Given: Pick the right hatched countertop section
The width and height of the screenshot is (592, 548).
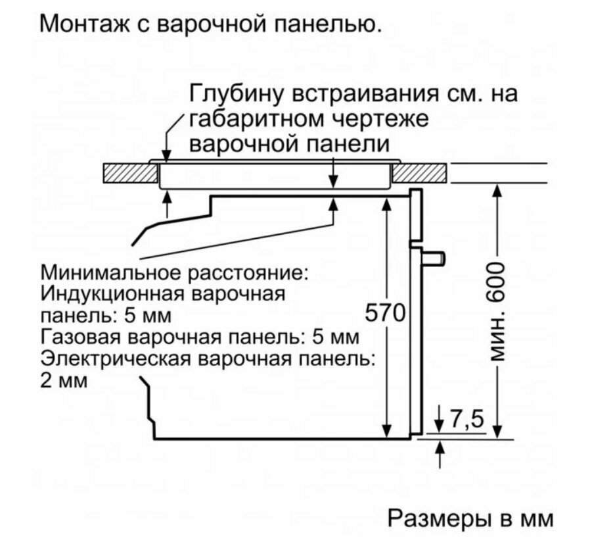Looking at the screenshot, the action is (x=421, y=173).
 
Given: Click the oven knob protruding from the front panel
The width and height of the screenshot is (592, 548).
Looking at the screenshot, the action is (x=434, y=258).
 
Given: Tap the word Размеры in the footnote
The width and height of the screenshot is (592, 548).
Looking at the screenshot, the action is (x=434, y=518).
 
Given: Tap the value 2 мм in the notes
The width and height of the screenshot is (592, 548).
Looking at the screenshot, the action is (x=64, y=382).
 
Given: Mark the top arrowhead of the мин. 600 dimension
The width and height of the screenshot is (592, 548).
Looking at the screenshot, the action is (x=497, y=189).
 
